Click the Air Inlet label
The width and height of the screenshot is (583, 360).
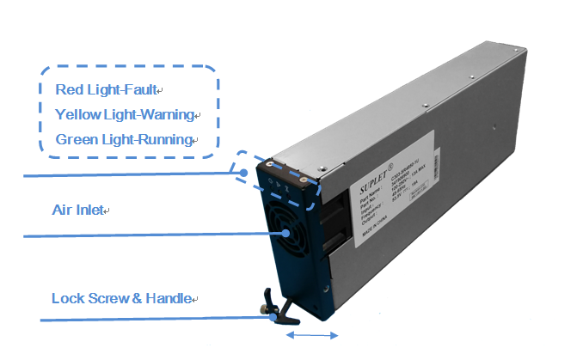pos(76,209)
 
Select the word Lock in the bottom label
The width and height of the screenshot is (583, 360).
pos(67,299)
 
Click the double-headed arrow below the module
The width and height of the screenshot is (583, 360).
pos(312,335)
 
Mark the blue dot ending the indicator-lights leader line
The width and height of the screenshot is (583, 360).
pos(245,173)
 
